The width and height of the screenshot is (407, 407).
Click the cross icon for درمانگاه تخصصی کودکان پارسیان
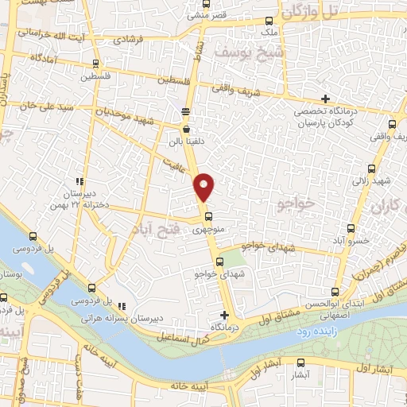point(325,99)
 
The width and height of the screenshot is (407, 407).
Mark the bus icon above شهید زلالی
point(372,169)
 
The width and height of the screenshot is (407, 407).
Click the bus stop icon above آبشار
point(299,359)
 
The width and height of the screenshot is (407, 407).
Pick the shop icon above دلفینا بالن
point(186,128)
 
